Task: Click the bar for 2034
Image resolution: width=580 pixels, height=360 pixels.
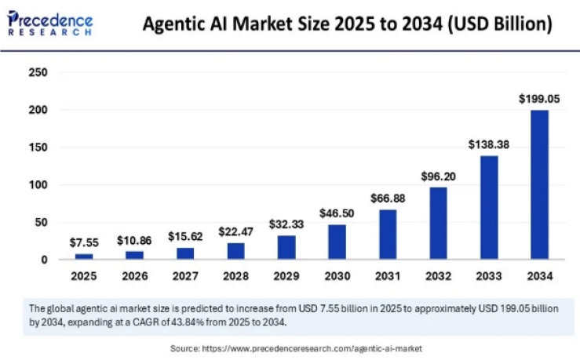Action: point(539,184)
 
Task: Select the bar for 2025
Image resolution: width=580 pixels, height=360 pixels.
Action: point(84,256)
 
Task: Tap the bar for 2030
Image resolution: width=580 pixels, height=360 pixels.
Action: point(337,242)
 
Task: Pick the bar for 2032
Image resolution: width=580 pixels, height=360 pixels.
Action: point(438,223)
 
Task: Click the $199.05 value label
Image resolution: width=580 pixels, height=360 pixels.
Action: point(539,99)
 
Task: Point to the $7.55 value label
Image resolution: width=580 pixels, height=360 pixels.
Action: point(84,242)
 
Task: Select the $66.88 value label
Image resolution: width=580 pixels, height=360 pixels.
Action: point(387,198)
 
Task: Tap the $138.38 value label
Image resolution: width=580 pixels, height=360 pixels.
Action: point(488,144)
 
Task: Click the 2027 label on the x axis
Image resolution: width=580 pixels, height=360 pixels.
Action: point(185,276)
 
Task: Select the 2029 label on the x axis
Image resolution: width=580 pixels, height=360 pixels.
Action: point(286,276)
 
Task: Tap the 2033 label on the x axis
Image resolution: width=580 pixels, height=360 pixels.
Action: point(488,276)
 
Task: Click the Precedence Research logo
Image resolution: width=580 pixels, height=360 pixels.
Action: point(50,24)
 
